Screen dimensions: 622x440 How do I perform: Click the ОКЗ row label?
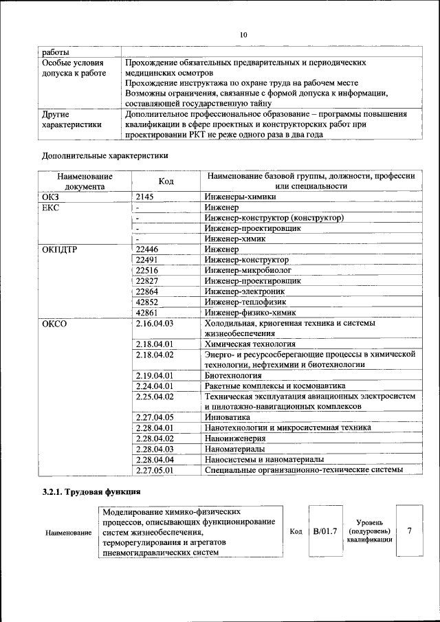pyautogui.click(x=51, y=197)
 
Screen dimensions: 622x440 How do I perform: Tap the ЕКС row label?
pyautogui.click(x=51, y=207)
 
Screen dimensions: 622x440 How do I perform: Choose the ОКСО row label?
pyautogui.click(x=54, y=323)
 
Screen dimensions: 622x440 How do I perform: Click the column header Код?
pyautogui.click(x=166, y=181)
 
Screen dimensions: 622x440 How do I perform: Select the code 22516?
pyautogui.click(x=148, y=270)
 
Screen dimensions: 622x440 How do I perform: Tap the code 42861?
pyautogui.click(x=148, y=313)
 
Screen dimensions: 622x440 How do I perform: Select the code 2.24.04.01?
pyautogui.click(x=155, y=386)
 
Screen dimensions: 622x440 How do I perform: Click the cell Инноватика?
pyautogui.click(x=228, y=417)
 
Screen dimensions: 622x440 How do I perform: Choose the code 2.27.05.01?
pyautogui.click(x=155, y=470)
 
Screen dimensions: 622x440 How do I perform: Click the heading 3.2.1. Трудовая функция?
pyautogui.click(x=91, y=492)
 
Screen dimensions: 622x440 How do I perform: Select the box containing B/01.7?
pyautogui.click(x=324, y=531)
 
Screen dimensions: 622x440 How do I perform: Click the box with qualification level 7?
pyautogui.click(x=410, y=531)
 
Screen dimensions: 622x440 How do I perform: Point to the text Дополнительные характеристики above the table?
pyautogui.click(x=105, y=155)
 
